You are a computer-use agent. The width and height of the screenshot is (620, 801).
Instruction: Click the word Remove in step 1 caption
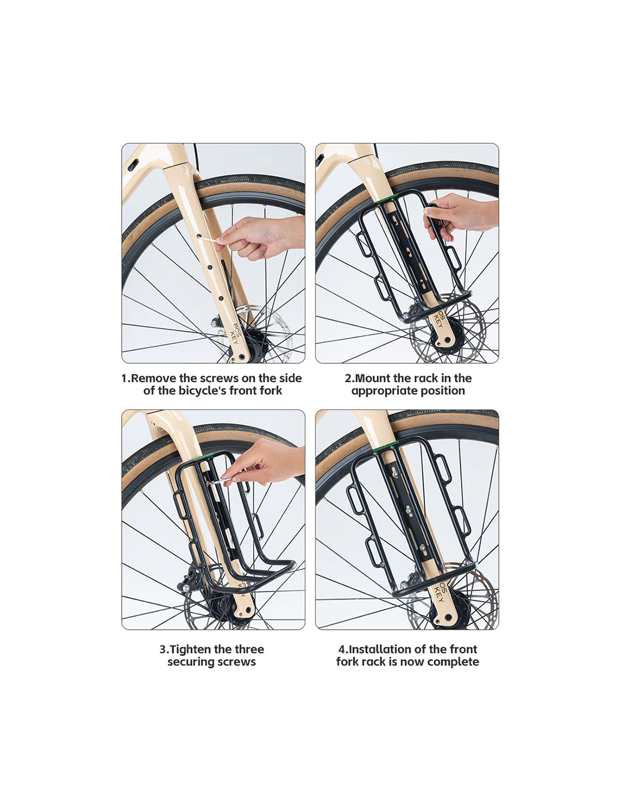[x=154, y=378]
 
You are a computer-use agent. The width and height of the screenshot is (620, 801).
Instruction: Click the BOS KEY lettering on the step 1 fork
[x=234, y=333]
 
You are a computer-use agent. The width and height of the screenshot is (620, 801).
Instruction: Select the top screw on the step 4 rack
[x=395, y=474]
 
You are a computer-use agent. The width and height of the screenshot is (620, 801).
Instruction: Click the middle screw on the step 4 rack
[x=408, y=510]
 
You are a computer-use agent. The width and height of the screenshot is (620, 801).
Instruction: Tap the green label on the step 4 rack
[x=386, y=446]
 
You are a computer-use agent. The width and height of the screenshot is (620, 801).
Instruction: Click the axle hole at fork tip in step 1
[x=242, y=357]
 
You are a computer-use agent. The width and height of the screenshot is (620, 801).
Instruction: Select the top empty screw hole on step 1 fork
[x=199, y=236]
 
